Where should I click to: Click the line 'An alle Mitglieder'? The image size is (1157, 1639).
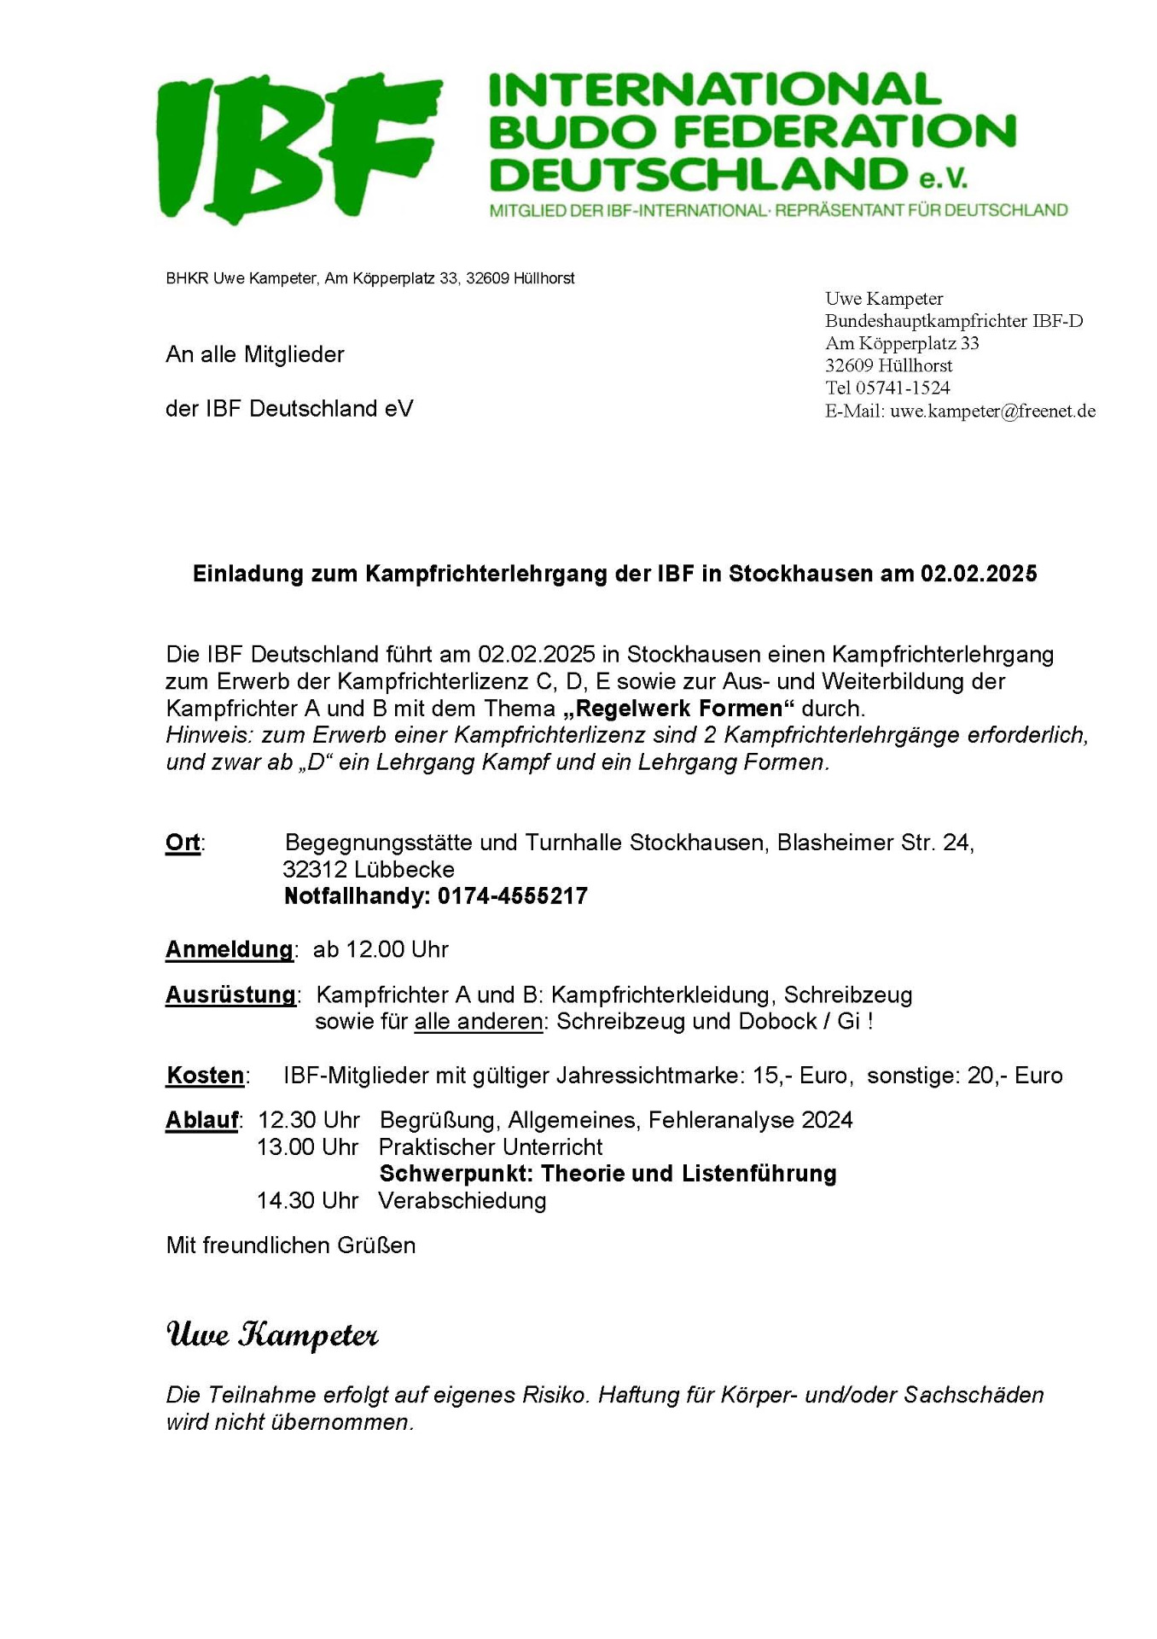(255, 354)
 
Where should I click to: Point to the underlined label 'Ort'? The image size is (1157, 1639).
(183, 843)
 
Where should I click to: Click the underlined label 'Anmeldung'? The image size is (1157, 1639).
(229, 949)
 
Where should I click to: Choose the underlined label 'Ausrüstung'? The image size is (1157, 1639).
(230, 994)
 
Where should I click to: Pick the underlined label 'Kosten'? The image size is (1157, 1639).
(205, 1075)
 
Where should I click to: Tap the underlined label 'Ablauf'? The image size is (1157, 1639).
(201, 1120)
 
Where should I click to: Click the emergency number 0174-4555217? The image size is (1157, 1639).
(512, 896)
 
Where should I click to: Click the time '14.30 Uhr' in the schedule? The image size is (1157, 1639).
(307, 1200)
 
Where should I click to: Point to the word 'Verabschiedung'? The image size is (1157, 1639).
(462, 1200)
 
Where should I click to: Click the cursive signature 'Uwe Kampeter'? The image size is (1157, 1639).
(271, 1334)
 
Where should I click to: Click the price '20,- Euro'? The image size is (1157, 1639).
(1015, 1075)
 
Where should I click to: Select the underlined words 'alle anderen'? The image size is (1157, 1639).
(479, 1022)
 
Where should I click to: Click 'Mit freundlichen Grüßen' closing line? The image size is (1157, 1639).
(291, 1245)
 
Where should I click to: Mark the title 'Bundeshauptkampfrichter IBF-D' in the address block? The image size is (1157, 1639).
(953, 321)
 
